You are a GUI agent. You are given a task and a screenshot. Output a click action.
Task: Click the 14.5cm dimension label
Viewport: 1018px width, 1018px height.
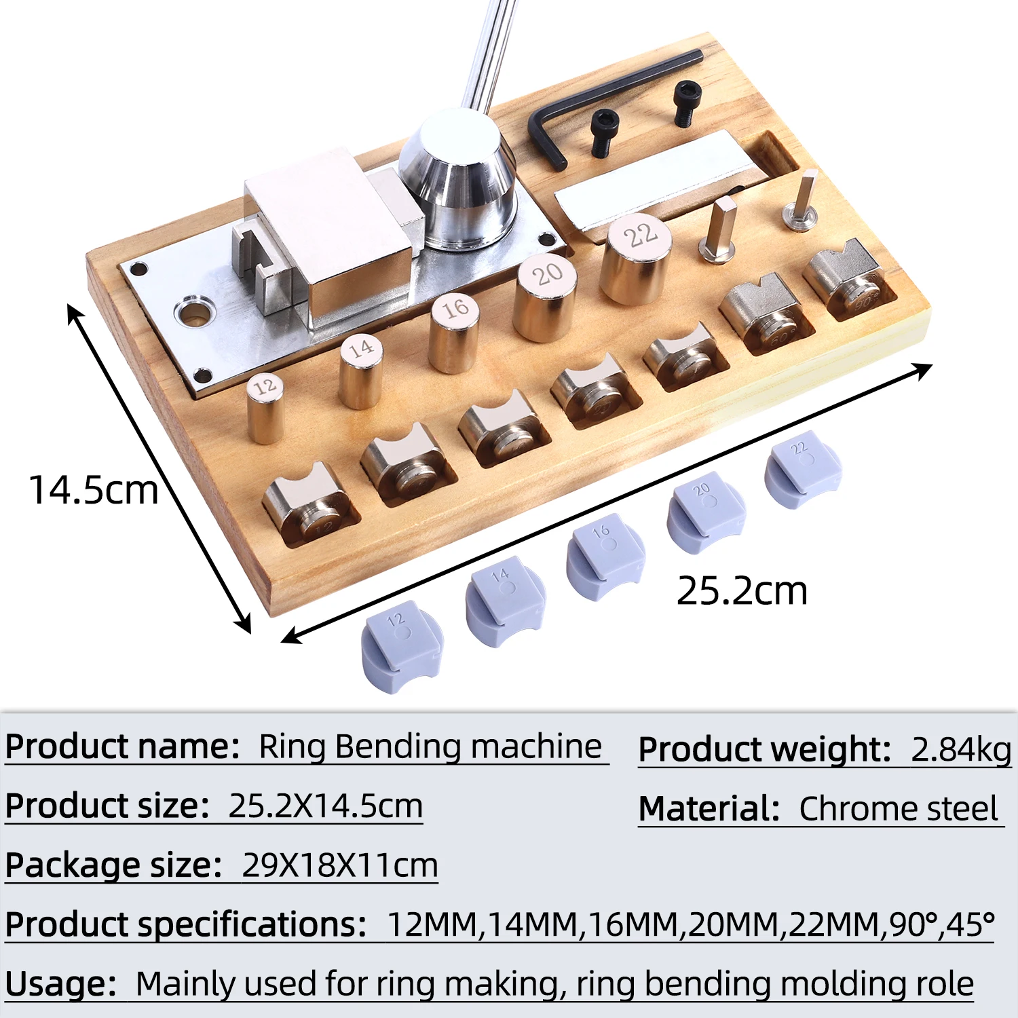click(93, 490)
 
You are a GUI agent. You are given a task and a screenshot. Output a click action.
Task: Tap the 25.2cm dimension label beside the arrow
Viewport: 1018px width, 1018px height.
click(742, 590)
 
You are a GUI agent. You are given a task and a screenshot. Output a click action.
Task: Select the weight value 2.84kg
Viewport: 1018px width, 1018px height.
click(961, 749)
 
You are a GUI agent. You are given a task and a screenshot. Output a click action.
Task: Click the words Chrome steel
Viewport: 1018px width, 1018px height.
click(898, 809)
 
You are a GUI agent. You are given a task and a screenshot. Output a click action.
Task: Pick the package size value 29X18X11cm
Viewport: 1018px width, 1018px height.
click(339, 865)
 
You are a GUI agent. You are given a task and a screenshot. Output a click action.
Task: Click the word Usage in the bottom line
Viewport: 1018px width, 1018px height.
click(60, 983)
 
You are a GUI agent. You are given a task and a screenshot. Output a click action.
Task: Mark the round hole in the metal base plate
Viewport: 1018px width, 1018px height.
click(195, 313)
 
